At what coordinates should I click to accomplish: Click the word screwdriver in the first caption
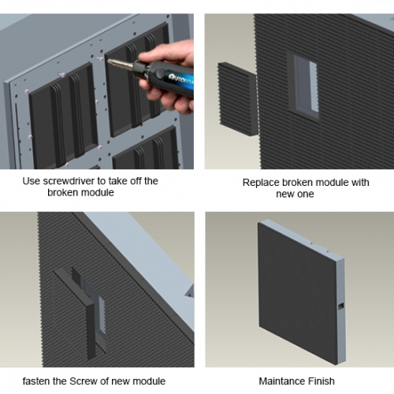pos(69,181)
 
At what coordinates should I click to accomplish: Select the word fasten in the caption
pos(36,381)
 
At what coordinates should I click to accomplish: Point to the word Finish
pos(322,381)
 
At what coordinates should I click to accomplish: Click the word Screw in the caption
pos(81,381)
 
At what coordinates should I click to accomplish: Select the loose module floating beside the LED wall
pos(238,99)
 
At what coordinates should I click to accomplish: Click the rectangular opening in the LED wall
pos(305,86)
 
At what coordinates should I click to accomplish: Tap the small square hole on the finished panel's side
pos(341,306)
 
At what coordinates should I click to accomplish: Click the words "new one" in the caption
pos(295,194)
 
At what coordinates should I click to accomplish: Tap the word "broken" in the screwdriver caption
pos(63,192)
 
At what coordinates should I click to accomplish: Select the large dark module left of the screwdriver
pos(63,117)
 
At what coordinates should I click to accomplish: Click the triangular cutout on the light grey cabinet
pos(190,291)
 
